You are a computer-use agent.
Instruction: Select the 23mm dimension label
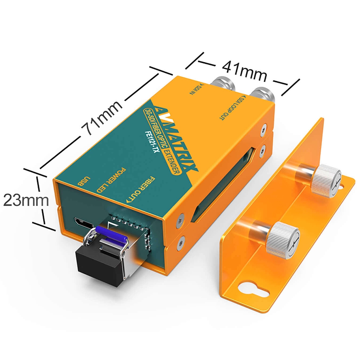(26, 200)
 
